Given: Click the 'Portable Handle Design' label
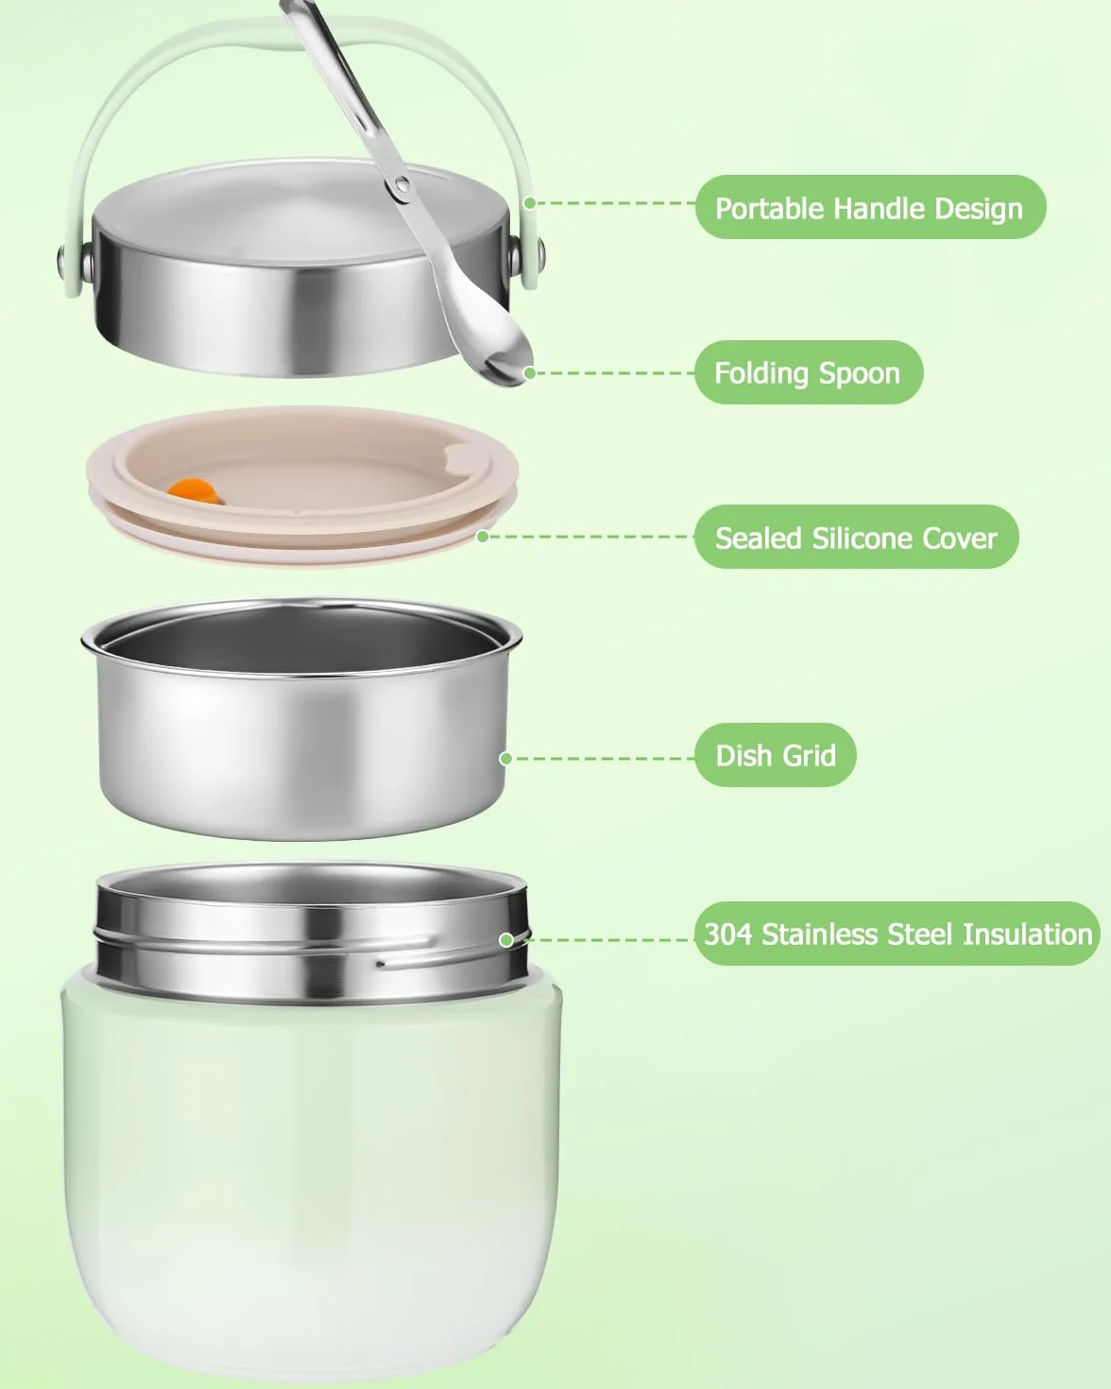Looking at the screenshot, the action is click(x=870, y=207).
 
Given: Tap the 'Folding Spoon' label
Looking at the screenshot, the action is click(x=809, y=372).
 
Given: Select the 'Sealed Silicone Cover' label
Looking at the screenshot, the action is click(x=856, y=537).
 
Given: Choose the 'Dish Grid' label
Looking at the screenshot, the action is click(x=776, y=755).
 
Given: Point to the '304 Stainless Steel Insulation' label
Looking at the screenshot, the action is click(x=897, y=934).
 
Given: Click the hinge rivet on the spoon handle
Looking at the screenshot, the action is click(x=402, y=185).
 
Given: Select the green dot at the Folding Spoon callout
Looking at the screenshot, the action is click(x=529, y=373).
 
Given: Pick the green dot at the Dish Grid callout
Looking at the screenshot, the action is click(x=506, y=759).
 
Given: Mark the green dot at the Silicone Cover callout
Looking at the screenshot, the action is click(x=482, y=537).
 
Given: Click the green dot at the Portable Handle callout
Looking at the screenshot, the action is click(x=529, y=203).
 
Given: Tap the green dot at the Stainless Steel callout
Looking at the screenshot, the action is click(x=506, y=940).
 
